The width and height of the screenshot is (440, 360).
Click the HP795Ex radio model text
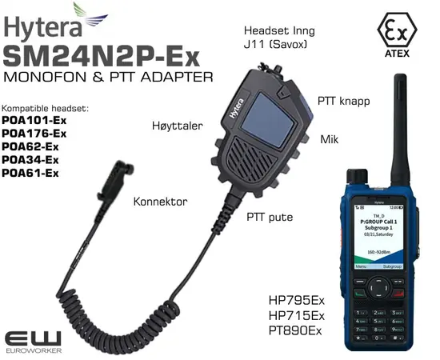pyautogui.click(x=296, y=301)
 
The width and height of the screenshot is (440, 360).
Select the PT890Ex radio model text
pyautogui.click(x=296, y=329)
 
